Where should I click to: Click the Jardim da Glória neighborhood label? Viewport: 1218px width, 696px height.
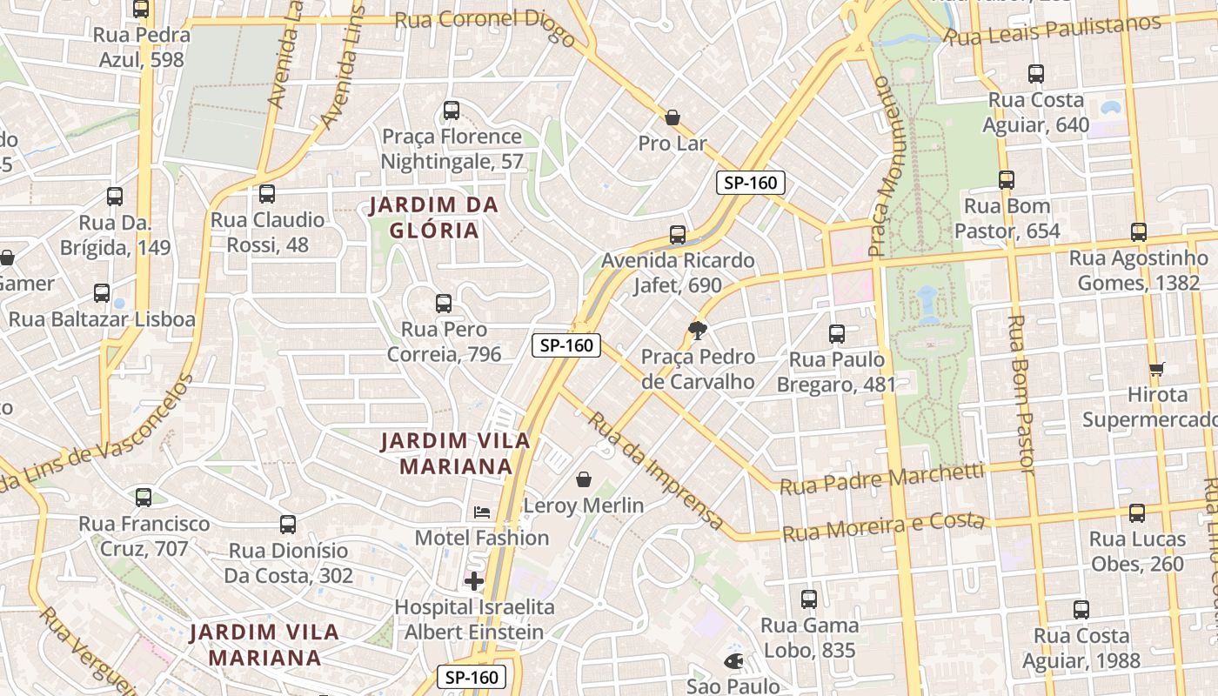point(433,217)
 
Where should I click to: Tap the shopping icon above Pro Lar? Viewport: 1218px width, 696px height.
point(673,117)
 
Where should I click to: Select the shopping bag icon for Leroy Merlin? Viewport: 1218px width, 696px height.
point(583,479)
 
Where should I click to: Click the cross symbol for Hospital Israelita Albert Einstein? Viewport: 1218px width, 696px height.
point(474,581)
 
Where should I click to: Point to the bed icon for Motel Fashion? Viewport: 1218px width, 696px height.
point(482,512)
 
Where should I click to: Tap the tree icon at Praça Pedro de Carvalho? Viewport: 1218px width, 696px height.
point(697,330)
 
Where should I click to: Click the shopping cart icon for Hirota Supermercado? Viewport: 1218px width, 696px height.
point(1157,369)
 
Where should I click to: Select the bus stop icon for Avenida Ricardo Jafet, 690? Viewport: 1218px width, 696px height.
point(678,235)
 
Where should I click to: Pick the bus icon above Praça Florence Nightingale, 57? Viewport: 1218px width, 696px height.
point(452,110)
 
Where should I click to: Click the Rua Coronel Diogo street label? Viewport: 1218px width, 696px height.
point(485,26)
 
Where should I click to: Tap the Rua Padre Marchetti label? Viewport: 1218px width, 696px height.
point(881,478)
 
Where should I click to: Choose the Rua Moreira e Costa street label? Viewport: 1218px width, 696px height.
point(884,526)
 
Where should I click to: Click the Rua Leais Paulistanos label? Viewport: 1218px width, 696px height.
point(1053,30)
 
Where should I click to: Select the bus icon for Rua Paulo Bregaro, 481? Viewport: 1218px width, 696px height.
point(837,334)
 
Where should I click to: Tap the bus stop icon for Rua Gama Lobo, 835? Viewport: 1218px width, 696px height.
point(809,599)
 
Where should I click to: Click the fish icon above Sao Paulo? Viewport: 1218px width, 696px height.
point(733,661)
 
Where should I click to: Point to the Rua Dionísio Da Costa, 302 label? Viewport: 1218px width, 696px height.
point(289,563)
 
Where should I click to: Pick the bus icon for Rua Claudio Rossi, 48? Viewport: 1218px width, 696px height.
point(267,194)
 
